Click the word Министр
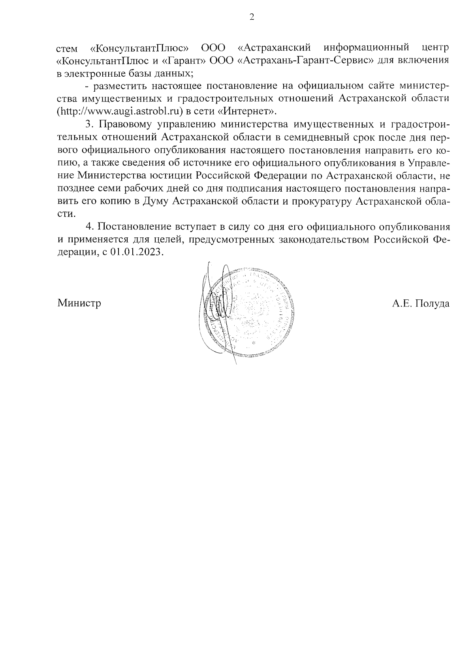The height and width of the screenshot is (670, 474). pos(79,303)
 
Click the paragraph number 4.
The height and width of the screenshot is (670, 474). pos(89,227)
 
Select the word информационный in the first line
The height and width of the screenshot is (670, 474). pos(365,48)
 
